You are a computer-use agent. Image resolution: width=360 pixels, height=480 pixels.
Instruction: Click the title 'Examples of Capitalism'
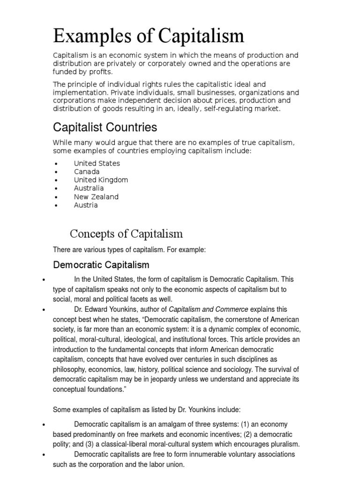[x=149, y=36]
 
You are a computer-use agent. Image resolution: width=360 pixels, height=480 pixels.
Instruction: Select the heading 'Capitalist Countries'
[x=105, y=127]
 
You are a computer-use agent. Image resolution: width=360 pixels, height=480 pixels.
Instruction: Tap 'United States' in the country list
[x=97, y=163]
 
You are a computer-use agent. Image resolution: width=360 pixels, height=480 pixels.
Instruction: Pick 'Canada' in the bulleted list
[x=87, y=172]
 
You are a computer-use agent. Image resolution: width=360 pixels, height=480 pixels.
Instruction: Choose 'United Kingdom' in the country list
[x=101, y=180]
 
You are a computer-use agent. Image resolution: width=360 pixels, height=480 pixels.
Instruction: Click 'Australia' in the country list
[x=89, y=188]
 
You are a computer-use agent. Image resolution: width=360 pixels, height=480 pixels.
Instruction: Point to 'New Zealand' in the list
[x=96, y=197]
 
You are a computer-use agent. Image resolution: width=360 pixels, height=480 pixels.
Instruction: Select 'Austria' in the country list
[x=86, y=205]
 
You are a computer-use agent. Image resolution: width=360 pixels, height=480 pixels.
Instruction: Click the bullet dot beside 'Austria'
[x=56, y=206]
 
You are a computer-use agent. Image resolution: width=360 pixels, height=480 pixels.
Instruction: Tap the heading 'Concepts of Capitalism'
[x=127, y=233]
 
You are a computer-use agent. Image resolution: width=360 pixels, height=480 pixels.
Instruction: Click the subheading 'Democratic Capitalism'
[x=101, y=265]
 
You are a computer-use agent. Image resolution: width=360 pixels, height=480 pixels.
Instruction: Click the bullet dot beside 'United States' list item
[x=56, y=164]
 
